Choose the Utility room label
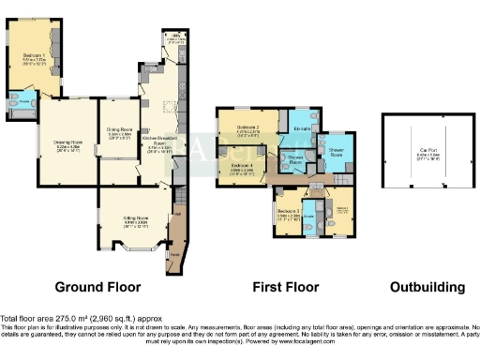coord(175,38)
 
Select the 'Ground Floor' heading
coord(98,287)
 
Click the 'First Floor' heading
coord(286,287)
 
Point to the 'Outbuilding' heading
coord(427,287)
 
